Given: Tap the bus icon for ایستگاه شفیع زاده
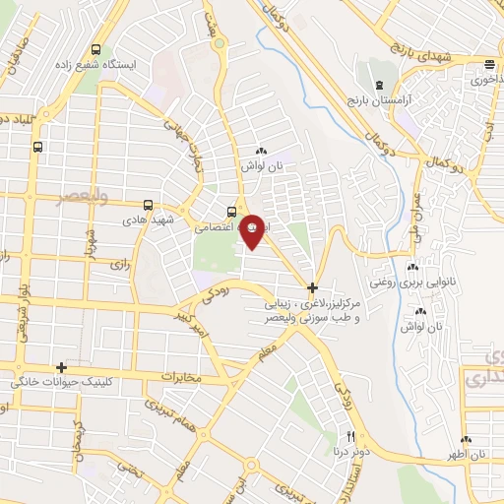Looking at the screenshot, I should (x=95, y=49).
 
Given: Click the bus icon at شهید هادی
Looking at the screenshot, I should (x=148, y=206).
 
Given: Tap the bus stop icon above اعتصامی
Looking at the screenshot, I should (x=231, y=210).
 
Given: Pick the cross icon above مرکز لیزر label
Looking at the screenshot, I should (x=313, y=288).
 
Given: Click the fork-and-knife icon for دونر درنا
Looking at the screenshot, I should (x=349, y=436).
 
